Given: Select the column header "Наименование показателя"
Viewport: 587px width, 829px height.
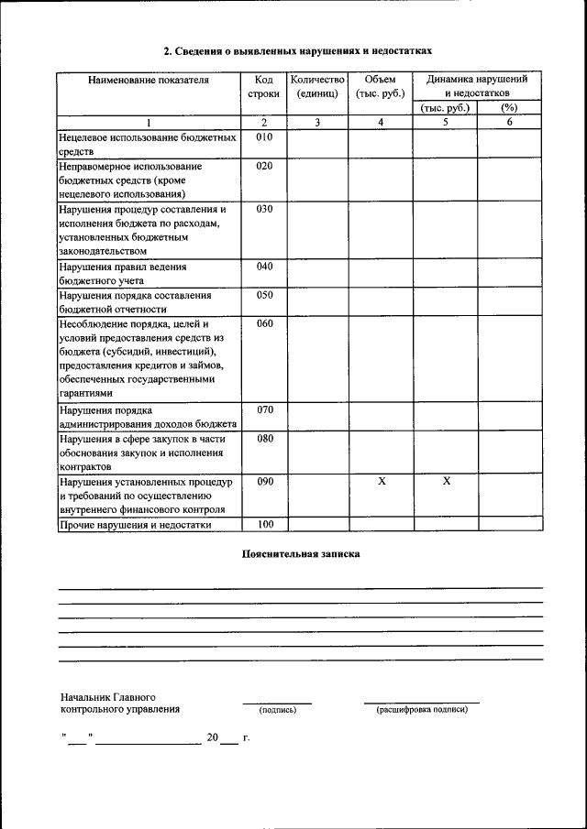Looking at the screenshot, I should click(149, 81).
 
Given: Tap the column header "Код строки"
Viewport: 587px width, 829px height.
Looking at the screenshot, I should click(264, 87).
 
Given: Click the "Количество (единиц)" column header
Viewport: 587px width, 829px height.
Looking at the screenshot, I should click(317, 87).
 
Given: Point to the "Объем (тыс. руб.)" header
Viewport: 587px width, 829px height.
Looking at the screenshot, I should click(380, 87).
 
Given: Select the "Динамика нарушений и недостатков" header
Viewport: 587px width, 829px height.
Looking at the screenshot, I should click(477, 87).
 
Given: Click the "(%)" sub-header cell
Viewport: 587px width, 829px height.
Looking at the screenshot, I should click(509, 108).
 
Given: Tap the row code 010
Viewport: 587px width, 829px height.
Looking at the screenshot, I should click(265, 137).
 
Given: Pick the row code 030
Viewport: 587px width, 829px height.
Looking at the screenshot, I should click(265, 209).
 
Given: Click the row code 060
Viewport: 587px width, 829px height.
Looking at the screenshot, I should click(265, 323).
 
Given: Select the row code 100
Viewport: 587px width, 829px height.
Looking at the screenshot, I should click(265, 524).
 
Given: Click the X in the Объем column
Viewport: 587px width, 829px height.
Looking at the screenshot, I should click(381, 481).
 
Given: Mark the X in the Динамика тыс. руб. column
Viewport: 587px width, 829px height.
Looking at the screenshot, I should click(446, 481).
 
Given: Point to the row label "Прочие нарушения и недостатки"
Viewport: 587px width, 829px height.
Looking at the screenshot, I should click(136, 525).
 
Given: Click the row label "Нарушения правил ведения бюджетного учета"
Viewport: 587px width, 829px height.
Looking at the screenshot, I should click(123, 274).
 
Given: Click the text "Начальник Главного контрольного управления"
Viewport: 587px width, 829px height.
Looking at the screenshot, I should click(119, 704).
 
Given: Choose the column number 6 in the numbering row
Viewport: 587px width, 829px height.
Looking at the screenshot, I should click(509, 122).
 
